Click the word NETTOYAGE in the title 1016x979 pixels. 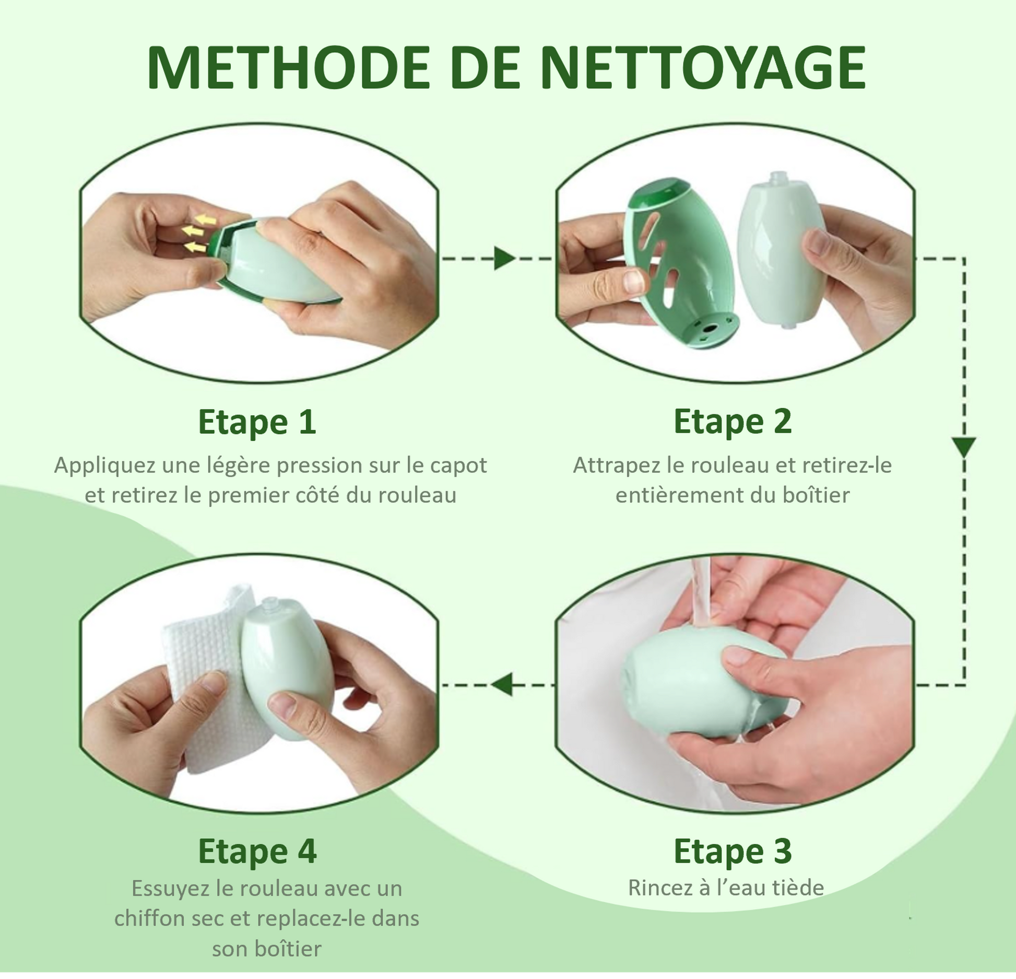point(703,68)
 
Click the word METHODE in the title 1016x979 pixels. point(288,68)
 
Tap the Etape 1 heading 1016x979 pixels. point(257,422)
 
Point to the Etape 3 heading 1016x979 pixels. point(733,851)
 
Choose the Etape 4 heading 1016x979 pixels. point(257,851)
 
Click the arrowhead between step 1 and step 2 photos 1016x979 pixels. point(504,259)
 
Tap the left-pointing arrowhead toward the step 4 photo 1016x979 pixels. point(502,685)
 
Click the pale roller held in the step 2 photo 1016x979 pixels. point(780,251)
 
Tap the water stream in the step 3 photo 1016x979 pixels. point(701,593)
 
